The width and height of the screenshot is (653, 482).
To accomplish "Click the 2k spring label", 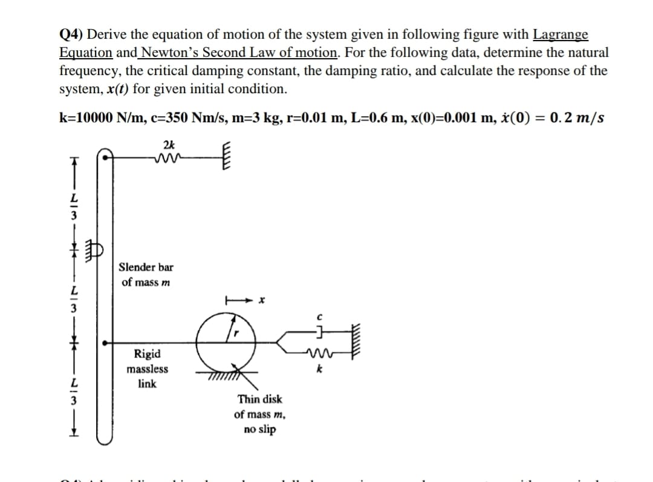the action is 169,145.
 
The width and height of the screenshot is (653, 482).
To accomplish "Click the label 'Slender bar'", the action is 146,267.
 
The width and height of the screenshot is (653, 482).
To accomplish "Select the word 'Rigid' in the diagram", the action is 148,354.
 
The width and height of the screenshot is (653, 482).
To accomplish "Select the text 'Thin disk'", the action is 260,399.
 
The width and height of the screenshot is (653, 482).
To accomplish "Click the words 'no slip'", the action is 260,429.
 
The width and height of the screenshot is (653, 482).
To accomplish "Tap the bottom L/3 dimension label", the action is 74,391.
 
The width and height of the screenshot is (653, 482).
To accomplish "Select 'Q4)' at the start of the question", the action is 72,34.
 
